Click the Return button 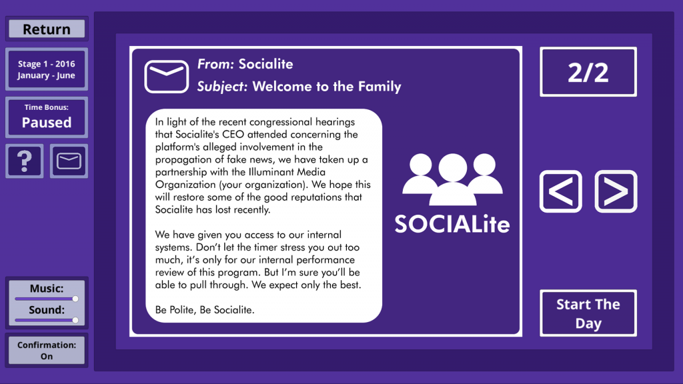pyautogui.click(x=47, y=29)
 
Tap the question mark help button pyautogui.click(x=25, y=161)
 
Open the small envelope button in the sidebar pyautogui.click(x=69, y=161)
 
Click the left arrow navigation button pyautogui.click(x=560, y=191)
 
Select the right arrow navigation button pyautogui.click(x=616, y=191)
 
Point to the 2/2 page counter pyautogui.click(x=588, y=72)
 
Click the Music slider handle pyautogui.click(x=75, y=299)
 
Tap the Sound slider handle pyautogui.click(x=75, y=320)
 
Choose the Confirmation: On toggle pyautogui.click(x=47, y=351)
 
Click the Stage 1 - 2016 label pyautogui.click(x=47, y=63)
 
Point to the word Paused pyautogui.click(x=47, y=123)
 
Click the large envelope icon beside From pyautogui.click(x=166, y=77)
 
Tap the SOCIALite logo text pyautogui.click(x=452, y=224)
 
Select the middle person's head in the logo pyautogui.click(x=453, y=167)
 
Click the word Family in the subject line pyautogui.click(x=380, y=87)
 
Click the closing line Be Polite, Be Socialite pyautogui.click(x=205, y=310)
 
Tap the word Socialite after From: pyautogui.click(x=265, y=64)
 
